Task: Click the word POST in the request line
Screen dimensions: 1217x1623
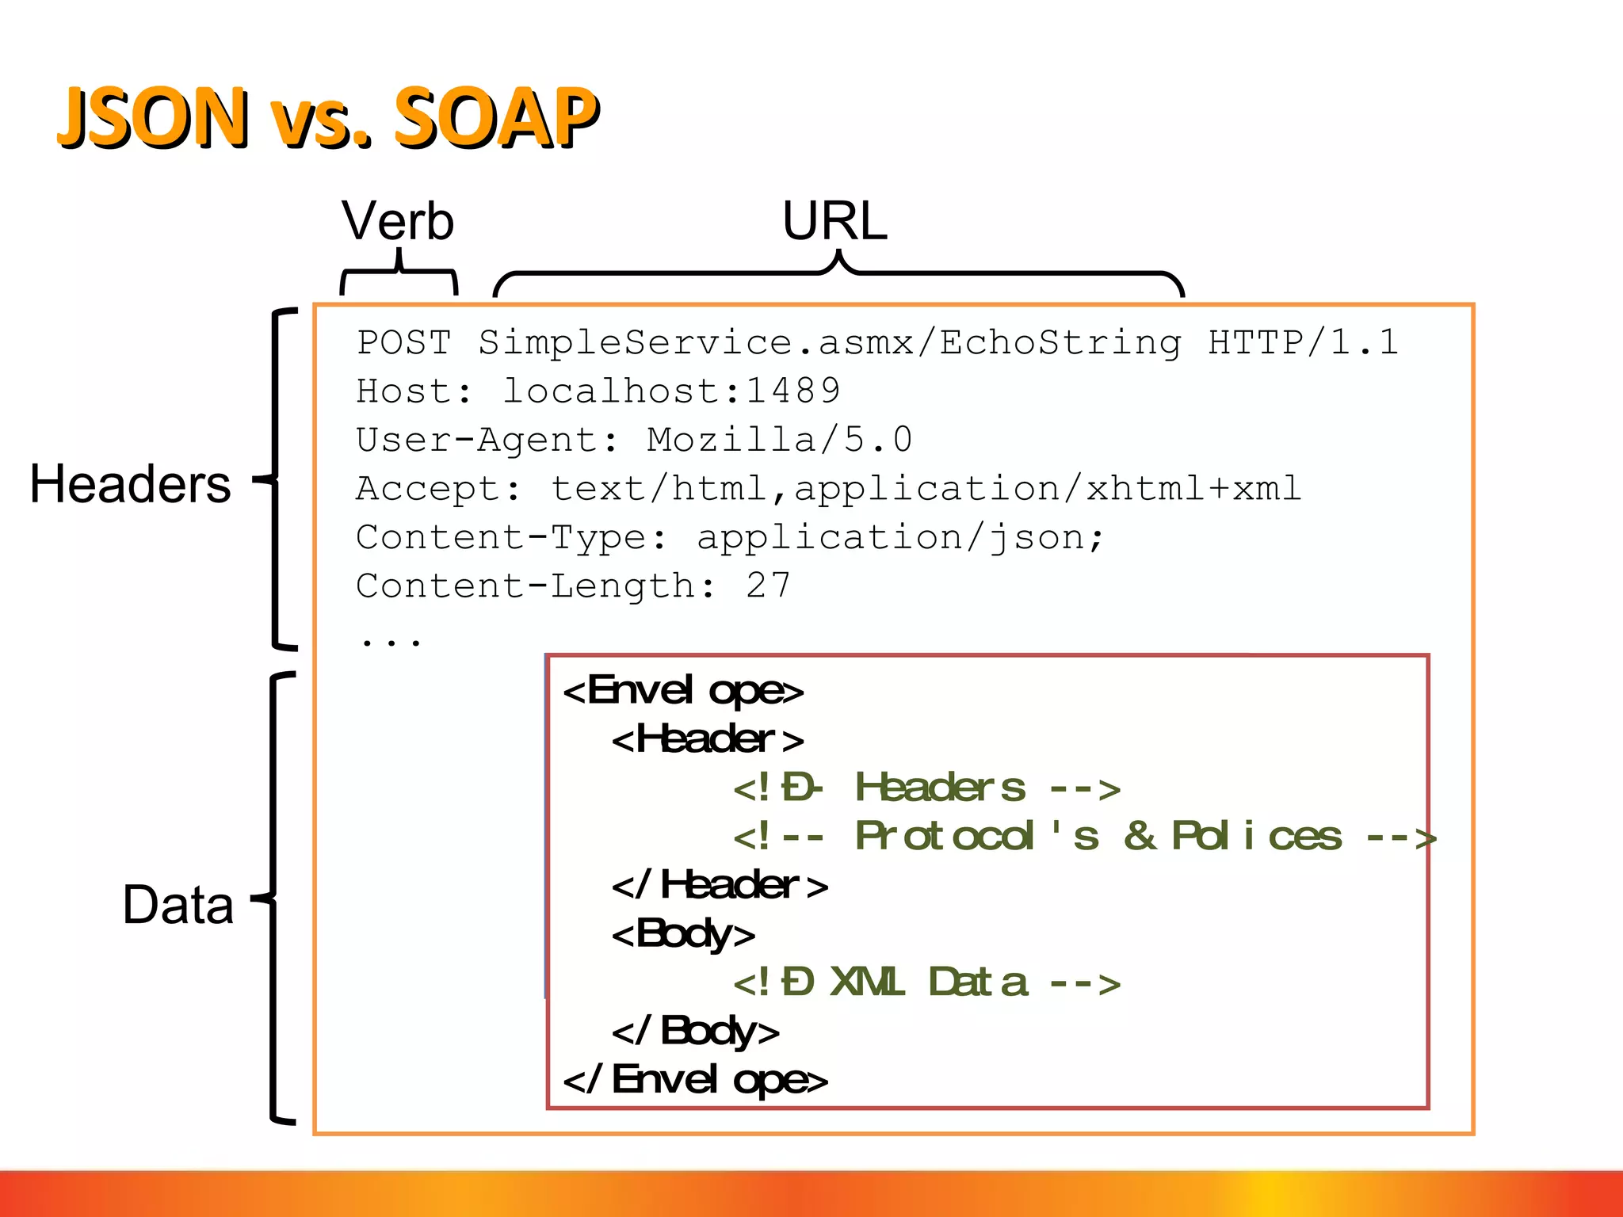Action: [404, 342]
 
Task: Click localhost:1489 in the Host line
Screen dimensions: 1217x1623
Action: [671, 391]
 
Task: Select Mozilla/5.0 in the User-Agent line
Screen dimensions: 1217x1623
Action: [779, 440]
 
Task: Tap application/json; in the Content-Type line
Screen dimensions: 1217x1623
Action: [899, 538]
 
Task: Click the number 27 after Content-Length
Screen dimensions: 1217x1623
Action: [767, 586]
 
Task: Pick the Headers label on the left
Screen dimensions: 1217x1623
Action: [130, 484]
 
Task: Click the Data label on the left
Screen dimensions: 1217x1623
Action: [178, 905]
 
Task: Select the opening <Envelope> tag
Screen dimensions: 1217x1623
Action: [683, 691]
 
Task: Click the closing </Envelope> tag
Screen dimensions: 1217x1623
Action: [695, 1080]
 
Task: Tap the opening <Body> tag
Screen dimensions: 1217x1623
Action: [683, 934]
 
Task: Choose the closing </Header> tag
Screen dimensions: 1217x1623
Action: [720, 885]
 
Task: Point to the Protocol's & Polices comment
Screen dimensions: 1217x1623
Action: [1084, 837]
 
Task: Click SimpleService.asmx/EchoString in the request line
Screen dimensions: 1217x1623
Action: [829, 342]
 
